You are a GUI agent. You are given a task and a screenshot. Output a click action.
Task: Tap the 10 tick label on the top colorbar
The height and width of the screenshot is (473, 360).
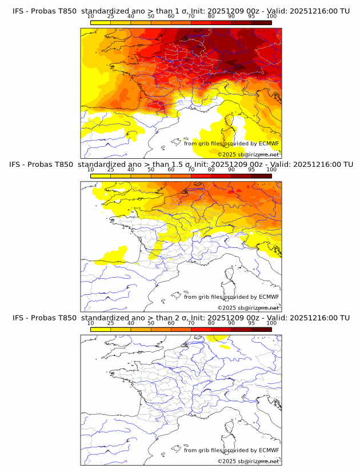tap(91, 17)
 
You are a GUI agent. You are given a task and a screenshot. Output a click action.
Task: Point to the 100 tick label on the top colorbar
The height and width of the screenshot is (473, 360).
tap(271, 17)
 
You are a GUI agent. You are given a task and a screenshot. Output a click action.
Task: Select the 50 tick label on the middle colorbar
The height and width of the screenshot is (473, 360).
tap(151, 170)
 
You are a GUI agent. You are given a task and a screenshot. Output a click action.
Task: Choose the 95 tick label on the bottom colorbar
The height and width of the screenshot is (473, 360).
tap(251, 323)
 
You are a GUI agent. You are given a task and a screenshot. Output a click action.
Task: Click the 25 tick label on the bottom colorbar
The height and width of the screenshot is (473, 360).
tap(111, 323)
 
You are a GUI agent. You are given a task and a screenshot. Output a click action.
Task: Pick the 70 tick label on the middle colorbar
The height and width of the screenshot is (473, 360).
tap(191, 170)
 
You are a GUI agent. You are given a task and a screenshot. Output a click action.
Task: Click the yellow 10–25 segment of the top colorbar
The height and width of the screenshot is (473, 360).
tap(101, 22)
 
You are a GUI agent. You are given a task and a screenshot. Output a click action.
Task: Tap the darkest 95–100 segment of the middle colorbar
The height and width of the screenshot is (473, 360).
tap(262, 175)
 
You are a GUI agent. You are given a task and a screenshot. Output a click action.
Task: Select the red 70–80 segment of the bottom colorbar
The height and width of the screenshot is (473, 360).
tap(201, 329)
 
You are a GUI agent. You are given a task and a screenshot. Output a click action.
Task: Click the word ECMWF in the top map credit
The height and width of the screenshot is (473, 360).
tap(269, 144)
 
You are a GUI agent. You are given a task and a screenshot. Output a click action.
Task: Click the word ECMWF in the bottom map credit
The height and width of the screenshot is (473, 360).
tap(269, 450)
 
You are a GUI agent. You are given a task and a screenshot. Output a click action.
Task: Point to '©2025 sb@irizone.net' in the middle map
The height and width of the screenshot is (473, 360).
tap(248, 308)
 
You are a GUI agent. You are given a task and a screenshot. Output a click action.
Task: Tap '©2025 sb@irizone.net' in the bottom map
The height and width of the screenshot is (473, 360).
tap(248, 461)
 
